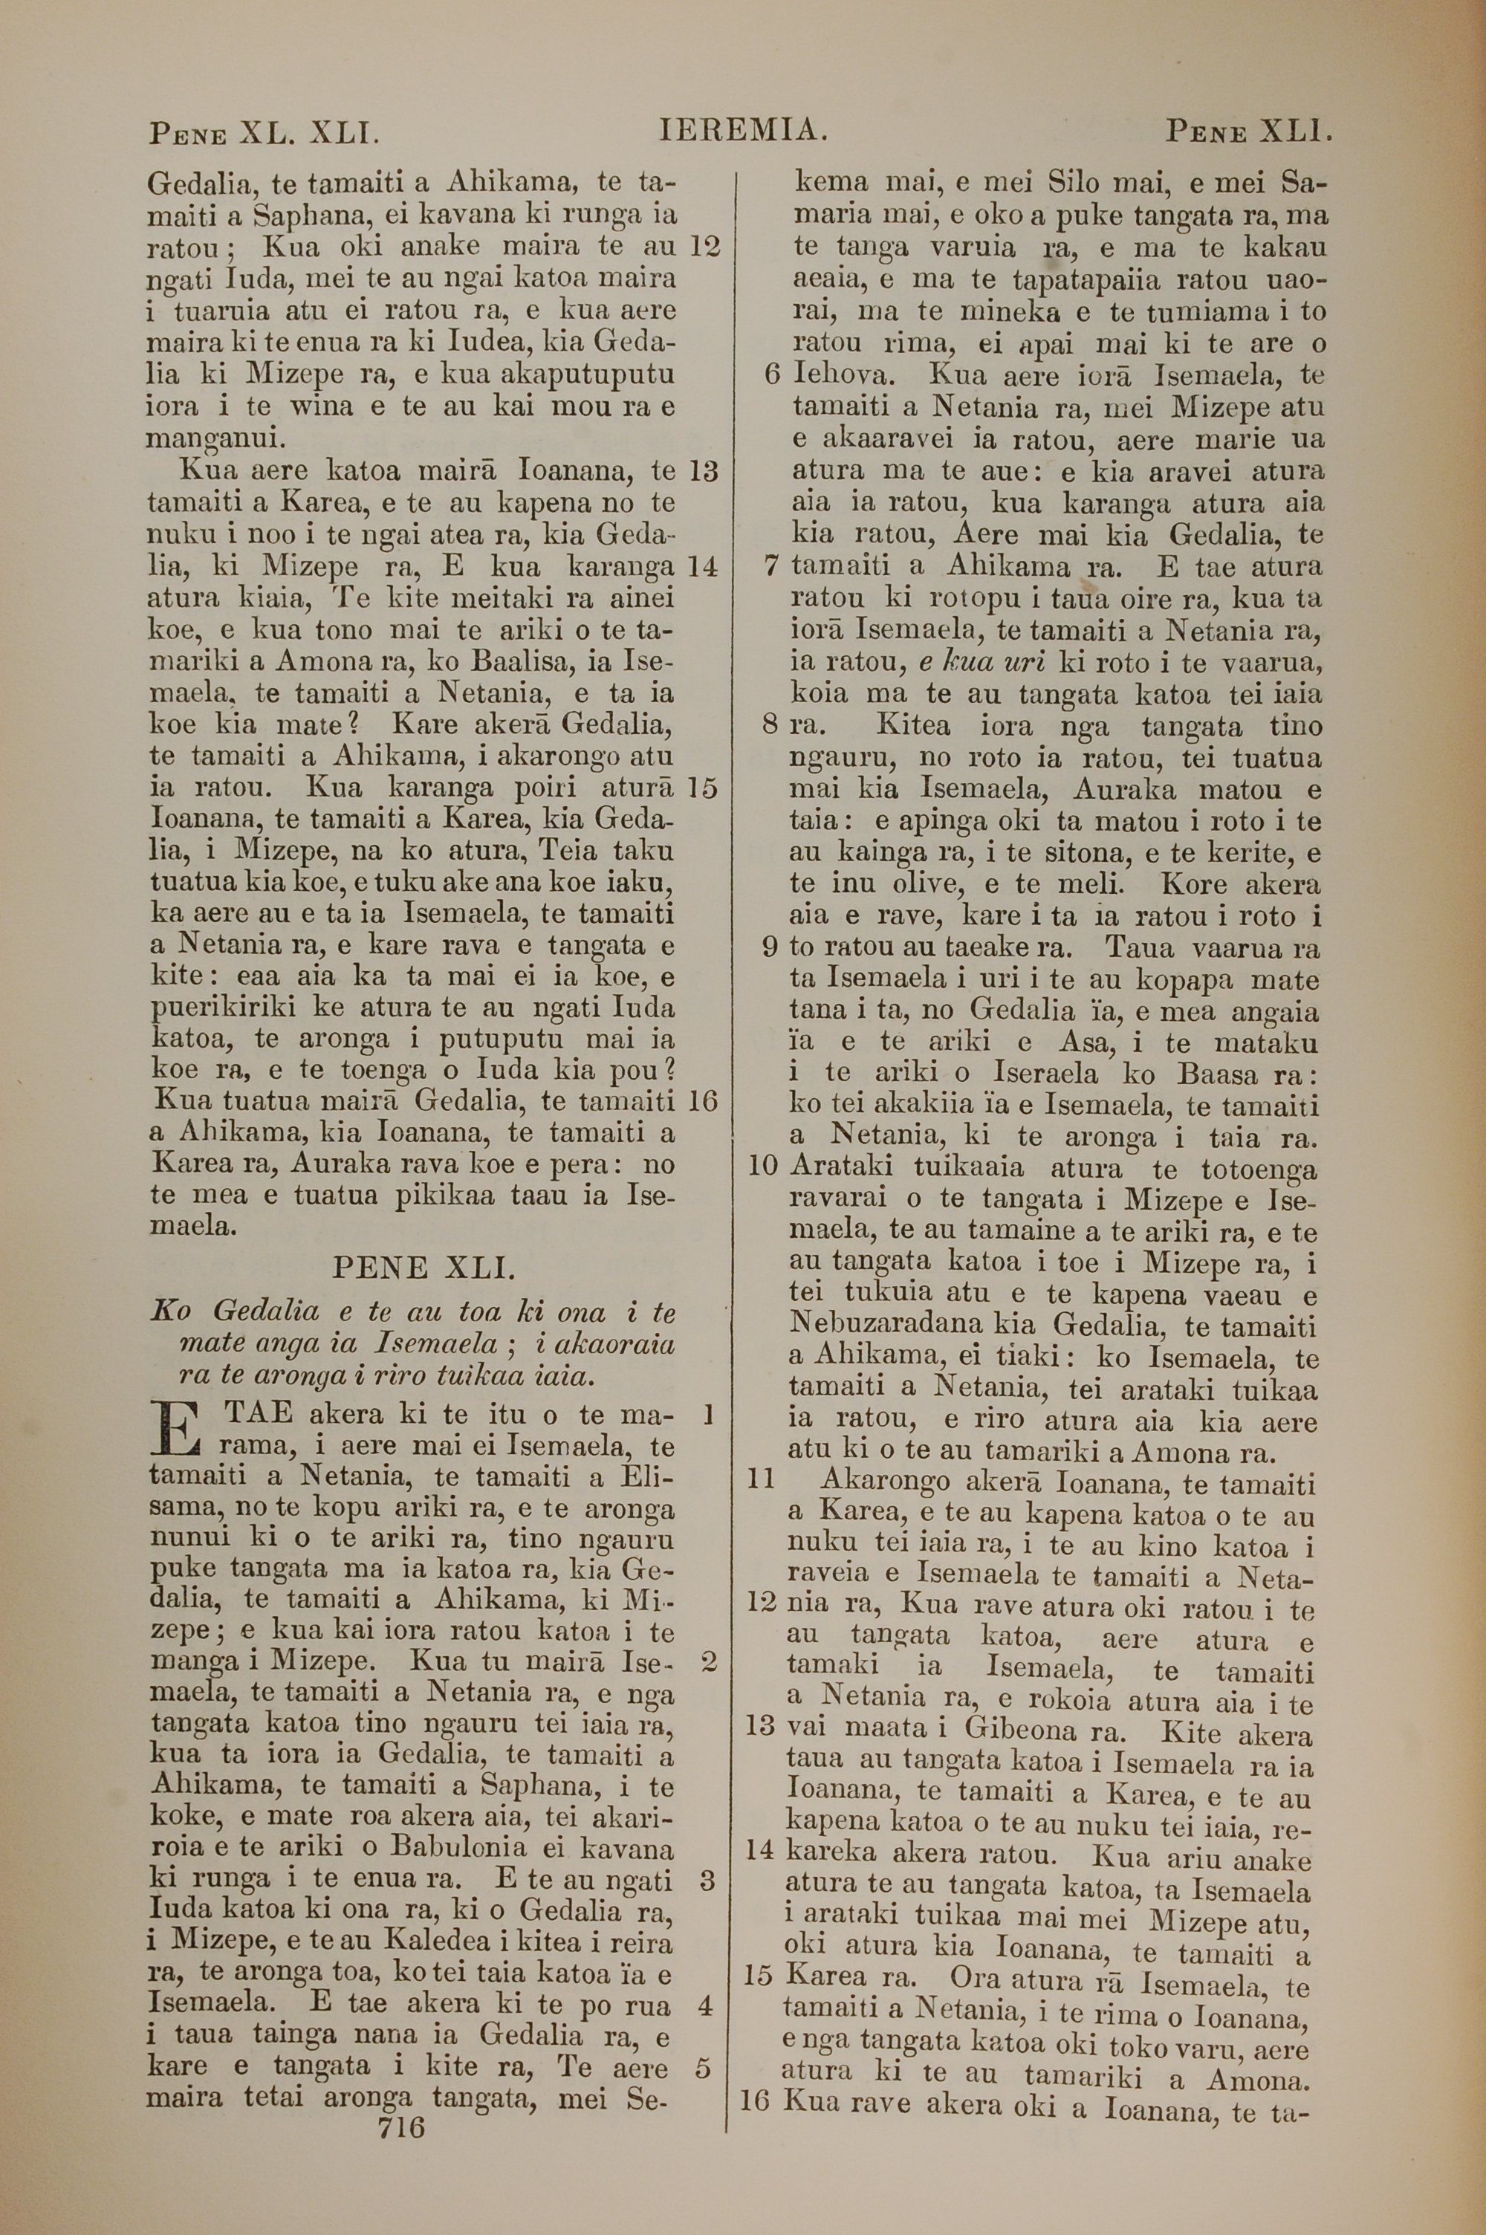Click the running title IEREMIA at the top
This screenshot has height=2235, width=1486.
pyautogui.click(x=743, y=130)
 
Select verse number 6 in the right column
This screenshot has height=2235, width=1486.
pyautogui.click(x=771, y=375)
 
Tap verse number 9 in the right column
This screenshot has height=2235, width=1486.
pyautogui.click(x=770, y=948)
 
